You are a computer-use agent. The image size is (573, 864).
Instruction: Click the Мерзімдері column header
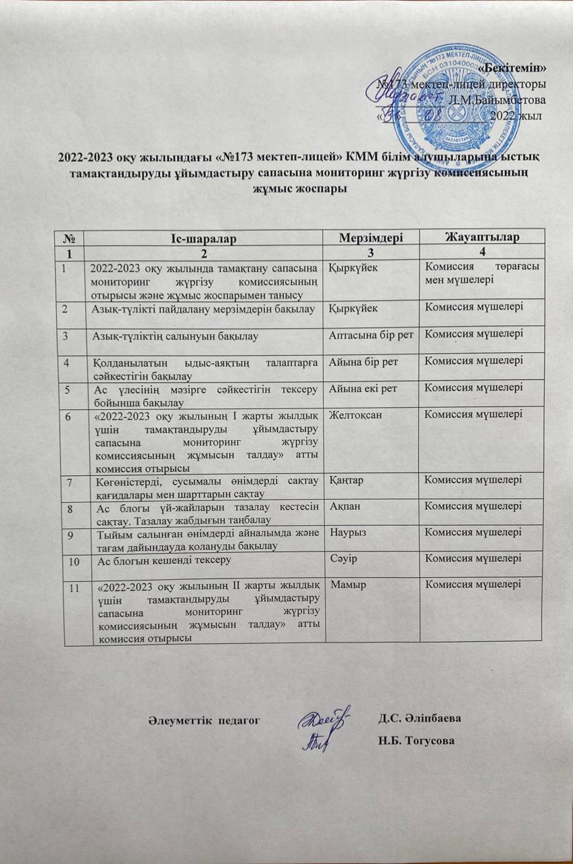[372, 238]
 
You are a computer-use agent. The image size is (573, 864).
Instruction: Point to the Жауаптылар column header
[481, 236]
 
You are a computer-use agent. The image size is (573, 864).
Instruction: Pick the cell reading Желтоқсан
[351, 414]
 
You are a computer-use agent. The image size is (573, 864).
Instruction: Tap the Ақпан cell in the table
[343, 506]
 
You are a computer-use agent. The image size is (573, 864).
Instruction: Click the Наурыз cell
[347, 532]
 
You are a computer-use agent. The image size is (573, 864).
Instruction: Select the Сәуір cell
[343, 558]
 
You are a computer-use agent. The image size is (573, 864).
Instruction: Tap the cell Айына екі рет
[364, 387]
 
